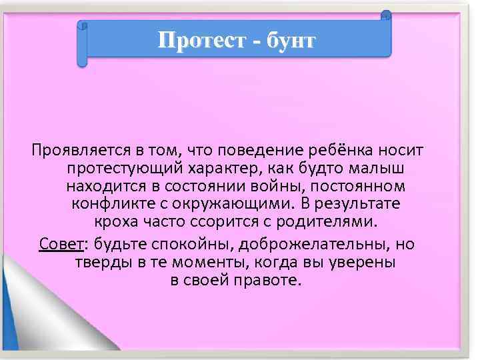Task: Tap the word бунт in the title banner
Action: [289, 41]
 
